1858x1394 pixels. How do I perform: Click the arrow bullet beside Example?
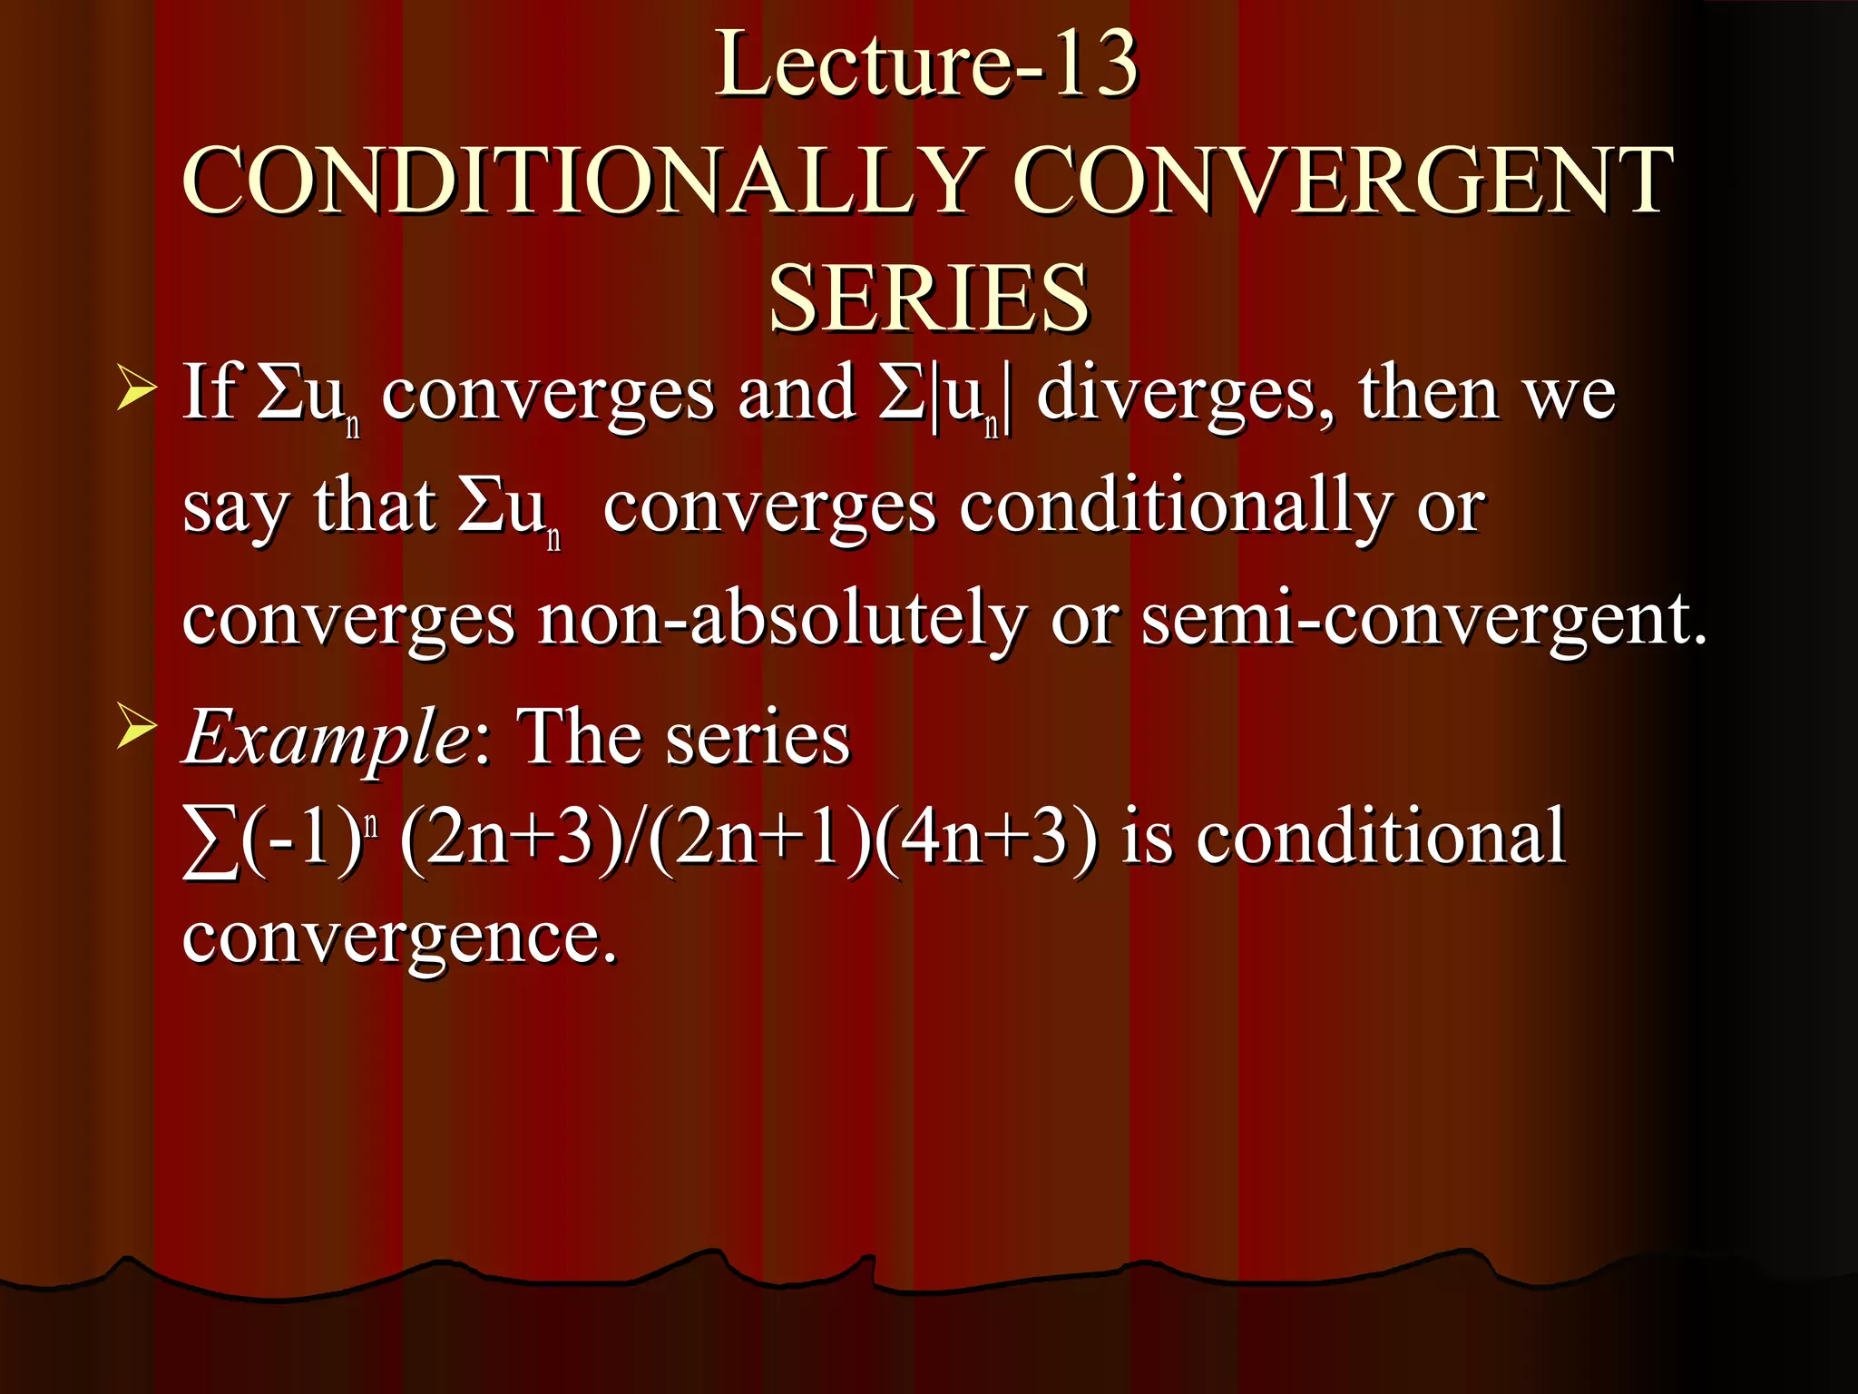click(136, 731)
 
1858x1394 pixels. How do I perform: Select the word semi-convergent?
click(1423, 620)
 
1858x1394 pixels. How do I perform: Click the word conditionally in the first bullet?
click(1176, 507)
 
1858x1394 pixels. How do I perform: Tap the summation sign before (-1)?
click(210, 839)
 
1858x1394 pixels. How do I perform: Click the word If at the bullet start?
click(211, 392)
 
